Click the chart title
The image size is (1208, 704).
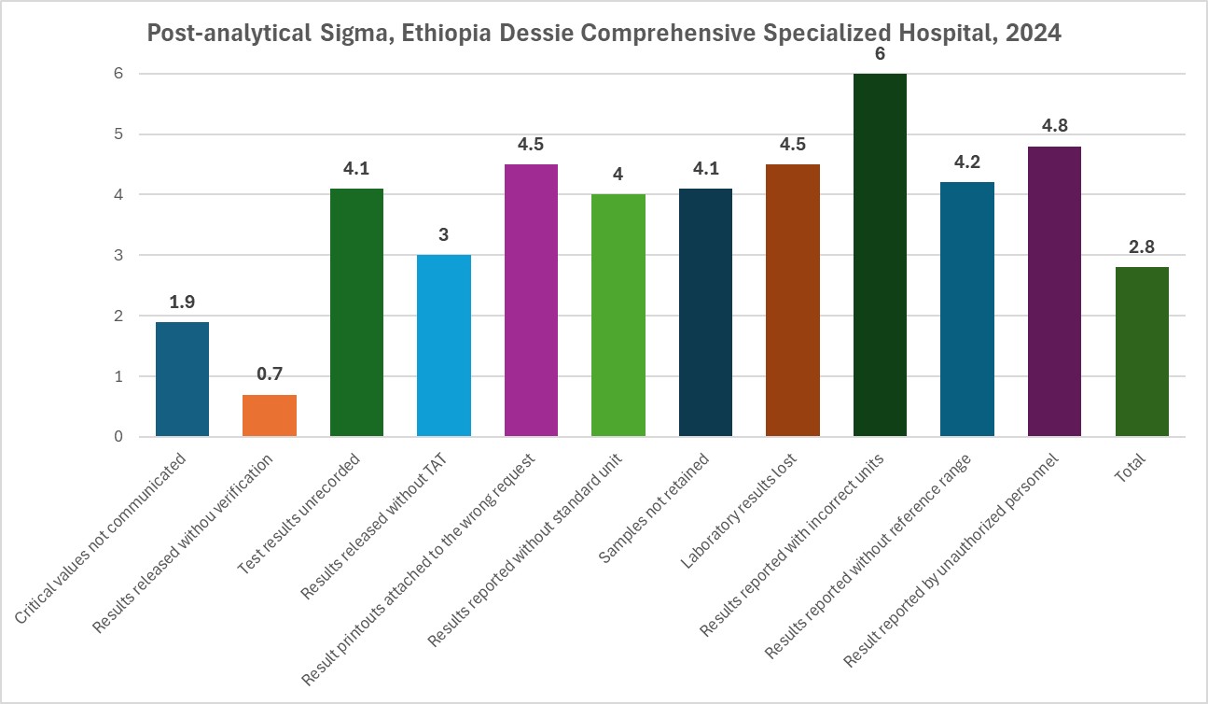coord(604,35)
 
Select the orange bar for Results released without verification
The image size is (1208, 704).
coord(270,415)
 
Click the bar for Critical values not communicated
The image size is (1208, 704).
coord(182,379)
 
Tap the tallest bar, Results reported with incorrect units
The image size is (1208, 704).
coord(880,255)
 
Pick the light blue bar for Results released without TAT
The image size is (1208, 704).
coord(444,345)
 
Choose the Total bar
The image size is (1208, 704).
coord(1142,352)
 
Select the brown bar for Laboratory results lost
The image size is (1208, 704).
coord(792,301)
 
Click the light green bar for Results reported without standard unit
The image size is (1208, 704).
coord(618,316)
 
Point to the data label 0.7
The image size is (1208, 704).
coord(270,374)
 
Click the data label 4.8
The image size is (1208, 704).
coord(1054,126)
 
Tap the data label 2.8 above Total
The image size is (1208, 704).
coord(1142,247)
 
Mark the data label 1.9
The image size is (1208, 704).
coord(182,302)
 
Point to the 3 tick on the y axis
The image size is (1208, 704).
coord(119,255)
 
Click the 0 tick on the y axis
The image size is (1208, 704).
coord(119,437)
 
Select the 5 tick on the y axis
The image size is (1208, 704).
coord(119,134)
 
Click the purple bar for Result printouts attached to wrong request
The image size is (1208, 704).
coord(531,301)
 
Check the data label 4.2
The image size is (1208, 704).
coord(967,162)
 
